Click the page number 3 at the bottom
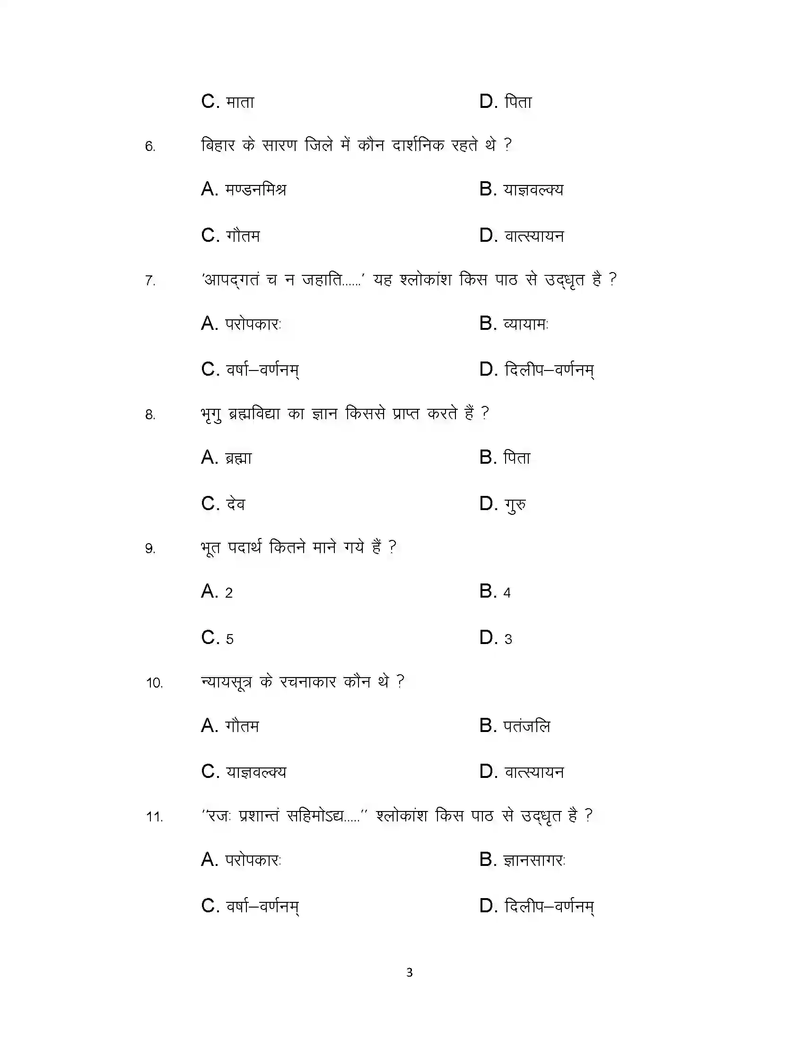point(409,972)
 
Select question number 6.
point(150,146)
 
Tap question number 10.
point(154,683)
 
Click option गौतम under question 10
point(243,726)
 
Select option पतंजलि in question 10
point(527,726)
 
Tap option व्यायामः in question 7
point(526,324)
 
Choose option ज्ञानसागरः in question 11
point(534,860)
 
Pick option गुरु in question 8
point(516,504)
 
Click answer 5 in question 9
point(229,639)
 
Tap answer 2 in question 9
point(228,592)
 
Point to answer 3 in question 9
point(508,639)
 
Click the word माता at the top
point(240,102)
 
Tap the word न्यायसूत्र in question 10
point(226,682)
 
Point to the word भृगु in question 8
point(211,414)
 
